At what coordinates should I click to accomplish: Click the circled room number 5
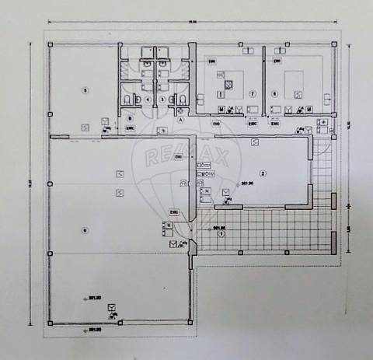(x=85, y=90)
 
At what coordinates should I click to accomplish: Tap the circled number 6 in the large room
(x=84, y=229)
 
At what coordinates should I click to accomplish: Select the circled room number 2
(x=263, y=173)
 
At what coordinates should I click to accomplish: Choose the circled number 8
(x=275, y=94)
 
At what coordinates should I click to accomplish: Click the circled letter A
(x=180, y=121)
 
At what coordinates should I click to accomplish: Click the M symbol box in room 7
(x=221, y=109)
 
